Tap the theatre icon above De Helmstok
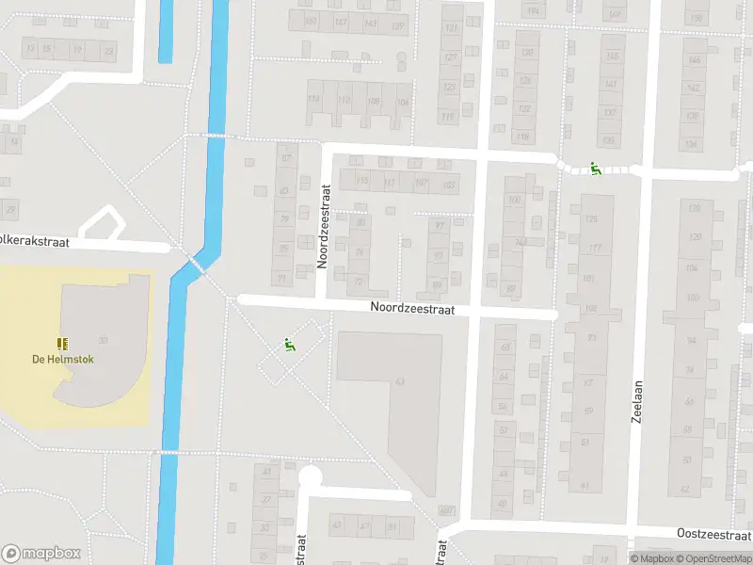pos(63,345)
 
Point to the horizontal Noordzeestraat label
pos(411,307)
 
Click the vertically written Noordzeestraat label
pos(322,226)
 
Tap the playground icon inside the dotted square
pos(289,346)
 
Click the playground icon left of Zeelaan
pos(595,169)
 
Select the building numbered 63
pos(400,381)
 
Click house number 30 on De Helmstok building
pos(103,340)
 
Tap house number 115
pos(362,183)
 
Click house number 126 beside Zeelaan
pos(592,219)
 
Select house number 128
pos(696,208)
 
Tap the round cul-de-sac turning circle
pos(310,477)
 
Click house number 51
pos(393,526)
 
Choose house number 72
pos(358,282)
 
